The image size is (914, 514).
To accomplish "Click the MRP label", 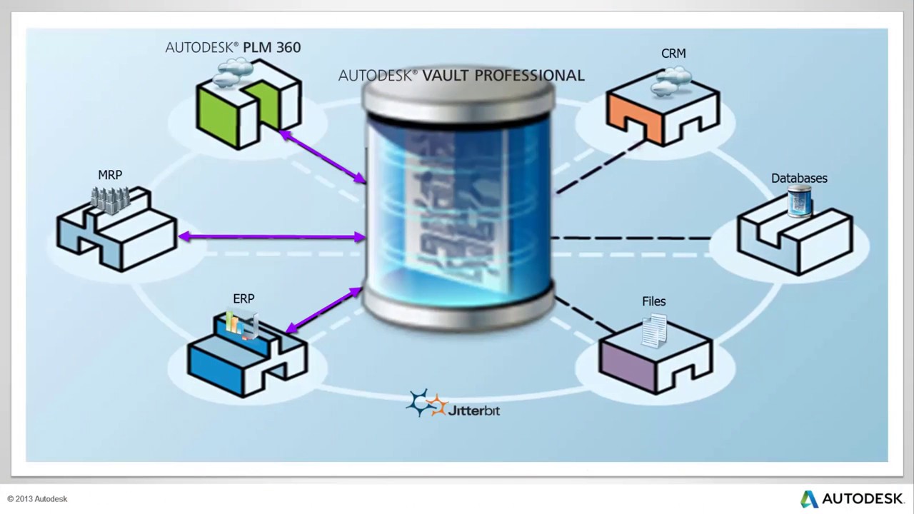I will click(x=110, y=175).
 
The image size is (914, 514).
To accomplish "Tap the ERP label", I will click(x=243, y=298).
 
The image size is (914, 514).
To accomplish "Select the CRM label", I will click(x=673, y=54).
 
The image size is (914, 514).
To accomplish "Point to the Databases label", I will click(x=799, y=178).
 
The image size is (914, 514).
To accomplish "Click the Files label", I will click(x=653, y=301).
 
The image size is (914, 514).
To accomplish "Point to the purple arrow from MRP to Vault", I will click(x=271, y=237).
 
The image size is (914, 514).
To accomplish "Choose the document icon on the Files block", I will click(x=654, y=331).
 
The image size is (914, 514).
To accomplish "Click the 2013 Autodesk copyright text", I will click(x=37, y=499).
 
